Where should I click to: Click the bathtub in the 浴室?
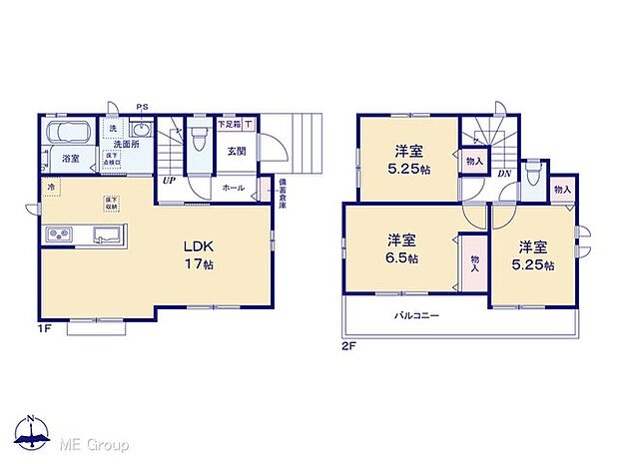[68, 134]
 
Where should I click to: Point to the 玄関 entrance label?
[237, 152]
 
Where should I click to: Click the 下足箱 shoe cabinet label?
[229, 124]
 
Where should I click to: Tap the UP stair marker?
[172, 182]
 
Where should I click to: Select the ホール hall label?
[233, 187]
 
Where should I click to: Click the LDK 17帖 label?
[197, 255]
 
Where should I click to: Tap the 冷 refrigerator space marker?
[50, 187]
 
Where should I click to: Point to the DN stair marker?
[504, 173]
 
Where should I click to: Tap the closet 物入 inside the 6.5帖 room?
[473, 260]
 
